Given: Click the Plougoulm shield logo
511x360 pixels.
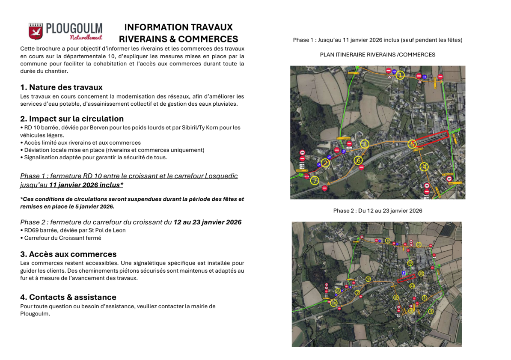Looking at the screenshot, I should coord(36,31).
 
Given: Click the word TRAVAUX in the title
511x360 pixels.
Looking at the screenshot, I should coord(208,27).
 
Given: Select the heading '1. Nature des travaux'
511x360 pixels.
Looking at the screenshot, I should coord(61,87).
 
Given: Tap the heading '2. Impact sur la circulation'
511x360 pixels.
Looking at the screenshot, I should coord(72,119).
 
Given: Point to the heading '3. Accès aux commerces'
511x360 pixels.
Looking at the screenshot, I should coord(68,254).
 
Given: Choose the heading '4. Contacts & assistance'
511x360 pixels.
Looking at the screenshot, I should coord(68,297).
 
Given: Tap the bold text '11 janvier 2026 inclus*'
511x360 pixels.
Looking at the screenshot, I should coord(86,185).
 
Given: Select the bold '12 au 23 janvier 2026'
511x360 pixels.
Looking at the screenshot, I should coord(208,222).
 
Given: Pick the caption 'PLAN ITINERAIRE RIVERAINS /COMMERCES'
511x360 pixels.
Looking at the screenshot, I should coord(377,55).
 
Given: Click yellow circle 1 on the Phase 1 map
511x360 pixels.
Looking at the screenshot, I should coord(400,75).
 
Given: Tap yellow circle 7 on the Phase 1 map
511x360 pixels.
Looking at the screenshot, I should coord(315,180).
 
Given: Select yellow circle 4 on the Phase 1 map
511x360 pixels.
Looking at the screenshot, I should coord(424,167).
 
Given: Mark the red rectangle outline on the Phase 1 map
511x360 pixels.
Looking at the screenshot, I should coord(432,140).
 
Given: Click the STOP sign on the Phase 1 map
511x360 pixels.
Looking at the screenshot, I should coord(306,176).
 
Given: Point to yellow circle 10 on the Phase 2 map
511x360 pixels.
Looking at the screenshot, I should coord(334,303).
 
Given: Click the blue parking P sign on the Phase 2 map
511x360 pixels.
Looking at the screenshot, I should coord(403,273).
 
